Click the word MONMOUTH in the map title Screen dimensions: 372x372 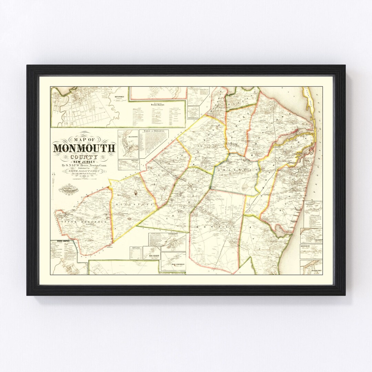84,148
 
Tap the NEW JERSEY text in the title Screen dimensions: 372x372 84,162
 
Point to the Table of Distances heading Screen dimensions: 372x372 154,132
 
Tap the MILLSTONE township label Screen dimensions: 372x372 133,205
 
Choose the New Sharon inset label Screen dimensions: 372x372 152,255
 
